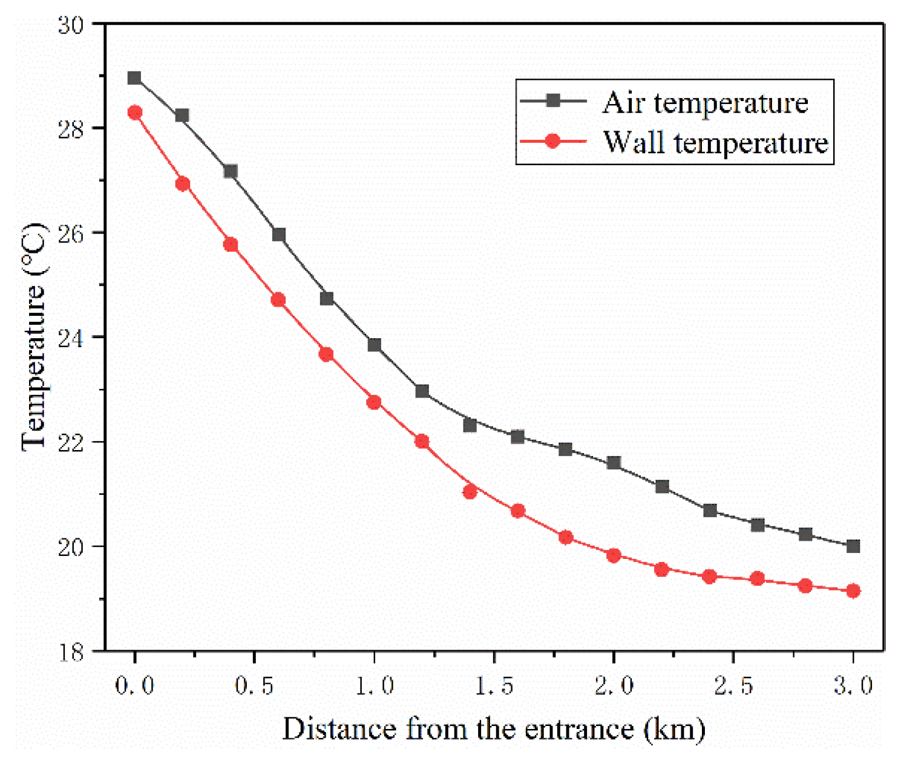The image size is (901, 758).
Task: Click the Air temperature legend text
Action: pyautogui.click(x=705, y=103)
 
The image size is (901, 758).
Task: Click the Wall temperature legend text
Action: pyautogui.click(x=715, y=143)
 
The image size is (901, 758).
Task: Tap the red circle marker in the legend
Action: pyautogui.click(x=552, y=142)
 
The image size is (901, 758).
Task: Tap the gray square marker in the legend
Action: pyautogui.click(x=552, y=100)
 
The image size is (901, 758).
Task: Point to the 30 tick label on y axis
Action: pyautogui.click(x=71, y=25)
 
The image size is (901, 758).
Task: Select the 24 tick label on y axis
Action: pyautogui.click(x=71, y=338)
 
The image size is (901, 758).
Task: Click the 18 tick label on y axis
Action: pyautogui.click(x=71, y=653)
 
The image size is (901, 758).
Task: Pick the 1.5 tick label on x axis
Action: pyautogui.click(x=494, y=685)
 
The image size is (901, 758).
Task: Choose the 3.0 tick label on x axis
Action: pyautogui.click(x=853, y=685)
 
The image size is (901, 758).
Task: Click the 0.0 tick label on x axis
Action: pyautogui.click(x=134, y=685)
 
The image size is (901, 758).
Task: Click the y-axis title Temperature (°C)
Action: pyautogui.click(x=34, y=338)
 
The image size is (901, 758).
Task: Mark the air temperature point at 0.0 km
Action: pyautogui.click(x=134, y=78)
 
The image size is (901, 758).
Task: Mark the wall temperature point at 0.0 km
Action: pyautogui.click(x=134, y=113)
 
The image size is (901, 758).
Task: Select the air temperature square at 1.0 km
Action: pyautogui.click(x=374, y=345)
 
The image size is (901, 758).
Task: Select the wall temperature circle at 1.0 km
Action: pyautogui.click(x=374, y=402)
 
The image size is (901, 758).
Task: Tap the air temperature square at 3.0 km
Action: pyautogui.click(x=853, y=546)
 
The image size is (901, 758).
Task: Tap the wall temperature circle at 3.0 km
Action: pyautogui.click(x=853, y=591)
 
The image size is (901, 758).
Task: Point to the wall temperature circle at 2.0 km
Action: pyautogui.click(x=614, y=555)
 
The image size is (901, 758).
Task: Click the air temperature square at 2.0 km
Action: pyautogui.click(x=614, y=463)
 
